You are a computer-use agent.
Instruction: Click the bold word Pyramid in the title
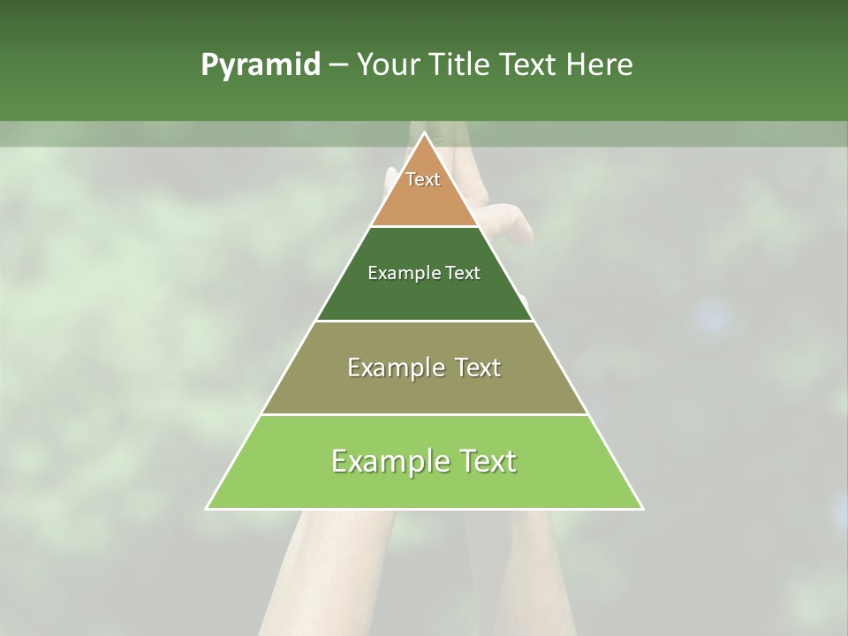[260, 65]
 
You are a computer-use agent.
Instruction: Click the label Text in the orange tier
[423, 179]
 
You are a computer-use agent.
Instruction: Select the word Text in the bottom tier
[484, 461]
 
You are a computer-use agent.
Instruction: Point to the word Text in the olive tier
[478, 367]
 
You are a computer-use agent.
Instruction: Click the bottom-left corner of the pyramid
[207, 509]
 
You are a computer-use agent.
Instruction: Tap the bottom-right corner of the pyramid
[642, 509]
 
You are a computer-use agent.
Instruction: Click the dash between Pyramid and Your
[338, 65]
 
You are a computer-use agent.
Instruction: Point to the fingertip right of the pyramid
[521, 214]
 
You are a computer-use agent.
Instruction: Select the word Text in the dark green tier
[463, 273]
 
